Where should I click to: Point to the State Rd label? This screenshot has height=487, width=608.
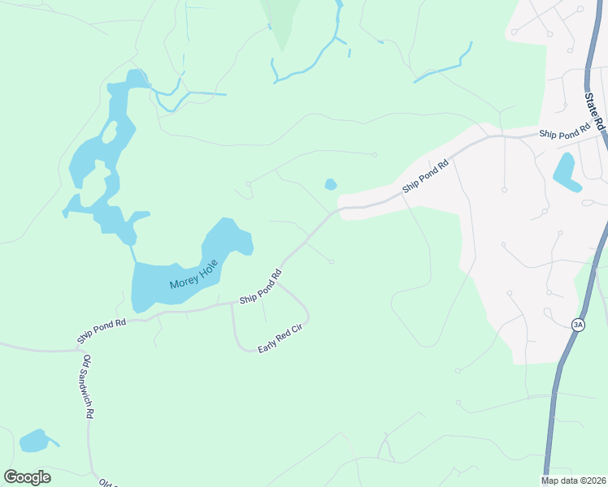click(596, 110)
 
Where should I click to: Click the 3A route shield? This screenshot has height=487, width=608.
click(578, 325)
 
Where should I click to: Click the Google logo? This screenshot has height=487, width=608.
click(27, 476)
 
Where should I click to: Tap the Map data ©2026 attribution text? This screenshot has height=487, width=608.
click(572, 480)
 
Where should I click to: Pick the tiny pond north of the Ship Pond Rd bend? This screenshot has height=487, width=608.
click(330, 184)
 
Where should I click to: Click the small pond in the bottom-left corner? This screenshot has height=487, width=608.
click(34, 441)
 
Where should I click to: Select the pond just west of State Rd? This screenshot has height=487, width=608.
click(565, 171)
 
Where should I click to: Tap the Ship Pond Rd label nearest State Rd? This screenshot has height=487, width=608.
click(564, 131)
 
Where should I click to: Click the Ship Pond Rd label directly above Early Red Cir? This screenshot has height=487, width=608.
click(260, 288)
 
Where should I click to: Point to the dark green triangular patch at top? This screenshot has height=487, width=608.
click(280, 20)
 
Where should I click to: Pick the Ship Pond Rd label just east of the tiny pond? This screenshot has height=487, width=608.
click(426, 178)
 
